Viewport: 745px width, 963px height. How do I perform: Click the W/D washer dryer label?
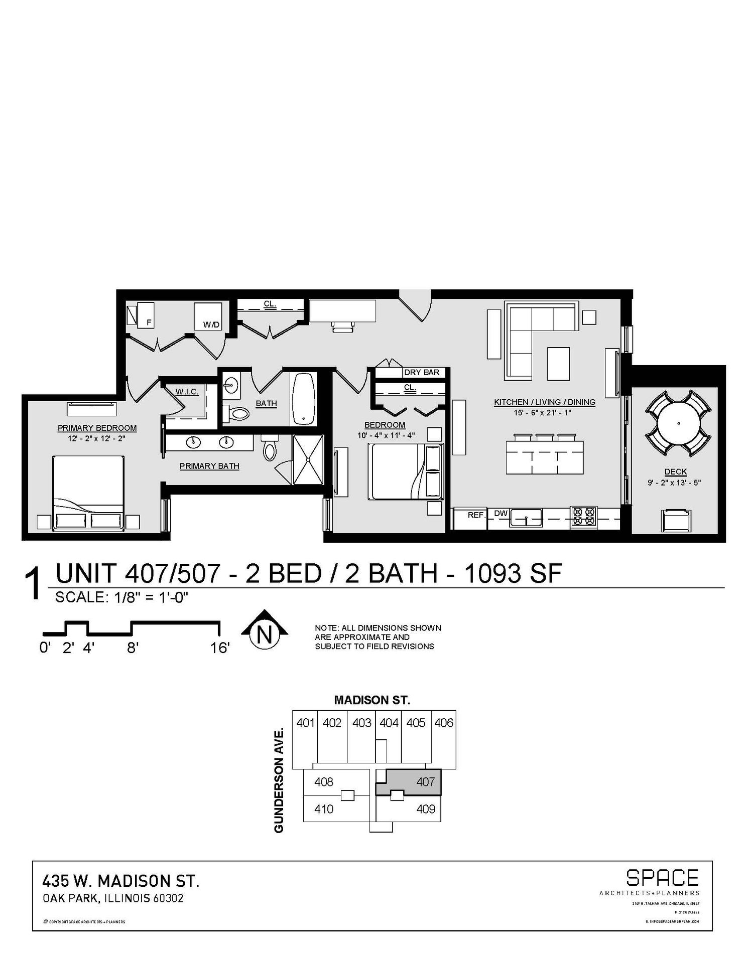point(211,325)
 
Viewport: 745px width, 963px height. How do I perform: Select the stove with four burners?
point(584,517)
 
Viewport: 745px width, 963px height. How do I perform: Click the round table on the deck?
point(678,423)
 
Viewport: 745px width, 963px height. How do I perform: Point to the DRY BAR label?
point(422,372)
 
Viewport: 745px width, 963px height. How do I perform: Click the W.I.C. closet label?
point(187,391)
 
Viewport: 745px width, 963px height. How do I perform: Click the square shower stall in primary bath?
point(308,459)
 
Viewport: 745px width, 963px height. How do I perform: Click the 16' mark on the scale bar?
point(219,648)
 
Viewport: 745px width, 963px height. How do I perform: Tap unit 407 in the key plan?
point(425,781)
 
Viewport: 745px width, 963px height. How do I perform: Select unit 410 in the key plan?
point(323,809)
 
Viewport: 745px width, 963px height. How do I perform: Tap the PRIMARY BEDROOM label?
point(97,428)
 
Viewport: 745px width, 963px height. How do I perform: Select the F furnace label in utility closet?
point(149,323)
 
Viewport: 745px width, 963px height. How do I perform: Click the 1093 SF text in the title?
point(512,574)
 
